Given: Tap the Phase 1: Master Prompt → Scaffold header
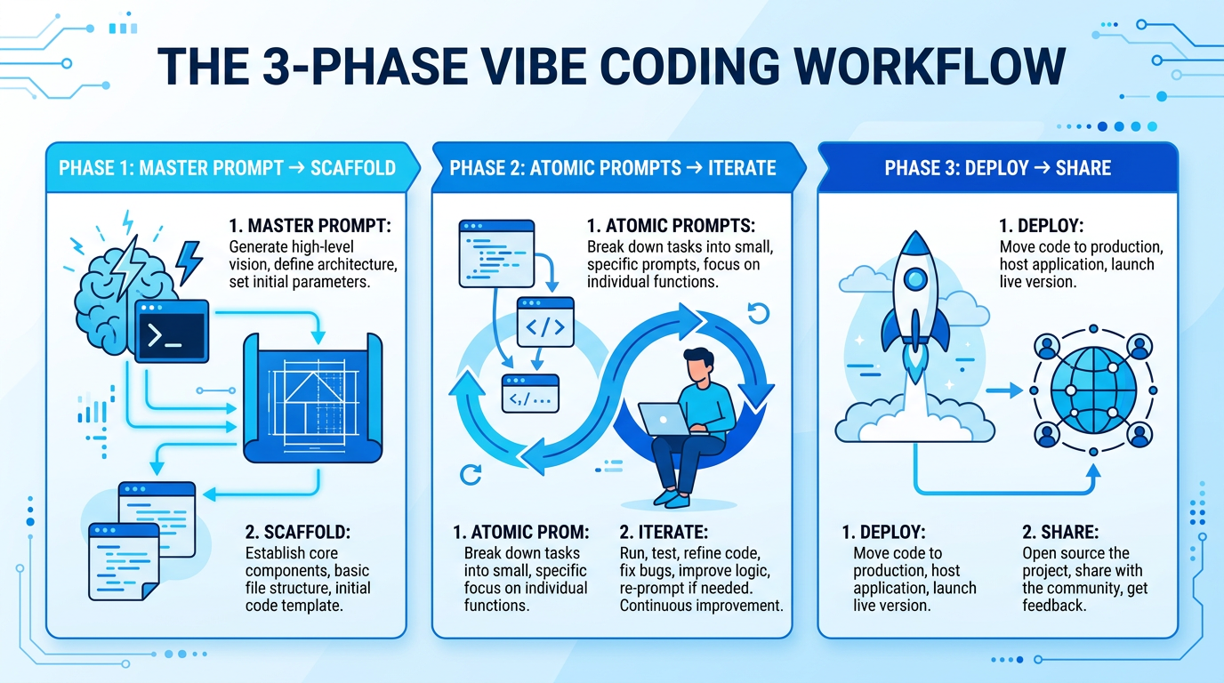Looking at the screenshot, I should coord(227,168).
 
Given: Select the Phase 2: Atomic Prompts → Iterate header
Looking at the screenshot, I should coord(612,168).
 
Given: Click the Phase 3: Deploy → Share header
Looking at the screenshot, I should coord(997,168).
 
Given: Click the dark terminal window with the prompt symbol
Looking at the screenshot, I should coord(171,331).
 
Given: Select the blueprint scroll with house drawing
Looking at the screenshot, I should coord(311,396).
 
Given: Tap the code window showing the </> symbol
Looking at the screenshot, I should coord(545,325).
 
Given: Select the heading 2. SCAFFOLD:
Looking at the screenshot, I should coord(297,533).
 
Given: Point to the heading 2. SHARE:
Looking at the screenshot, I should coord(1060,533).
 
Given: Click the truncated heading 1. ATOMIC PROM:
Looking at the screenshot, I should coord(520,533).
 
